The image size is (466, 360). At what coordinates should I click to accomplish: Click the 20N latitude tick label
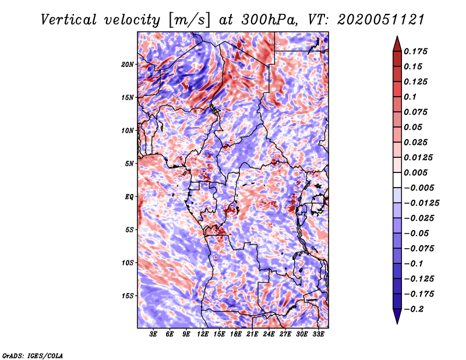(x=128, y=64)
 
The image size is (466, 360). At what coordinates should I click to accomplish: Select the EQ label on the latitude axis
(x=130, y=196)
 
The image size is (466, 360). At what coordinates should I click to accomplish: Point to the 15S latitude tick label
(x=128, y=295)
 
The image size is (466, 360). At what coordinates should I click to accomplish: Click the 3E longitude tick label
(x=154, y=334)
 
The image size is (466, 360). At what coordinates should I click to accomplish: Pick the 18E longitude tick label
(x=235, y=334)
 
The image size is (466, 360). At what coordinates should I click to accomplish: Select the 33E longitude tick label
(x=319, y=334)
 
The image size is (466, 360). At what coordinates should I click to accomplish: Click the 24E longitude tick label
(x=269, y=334)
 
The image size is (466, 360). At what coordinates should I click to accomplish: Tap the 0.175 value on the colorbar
(x=417, y=51)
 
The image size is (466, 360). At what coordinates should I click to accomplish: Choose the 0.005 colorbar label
(x=417, y=172)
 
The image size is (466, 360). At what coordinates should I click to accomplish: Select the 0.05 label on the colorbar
(x=414, y=127)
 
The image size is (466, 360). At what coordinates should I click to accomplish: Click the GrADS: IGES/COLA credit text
(x=32, y=355)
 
